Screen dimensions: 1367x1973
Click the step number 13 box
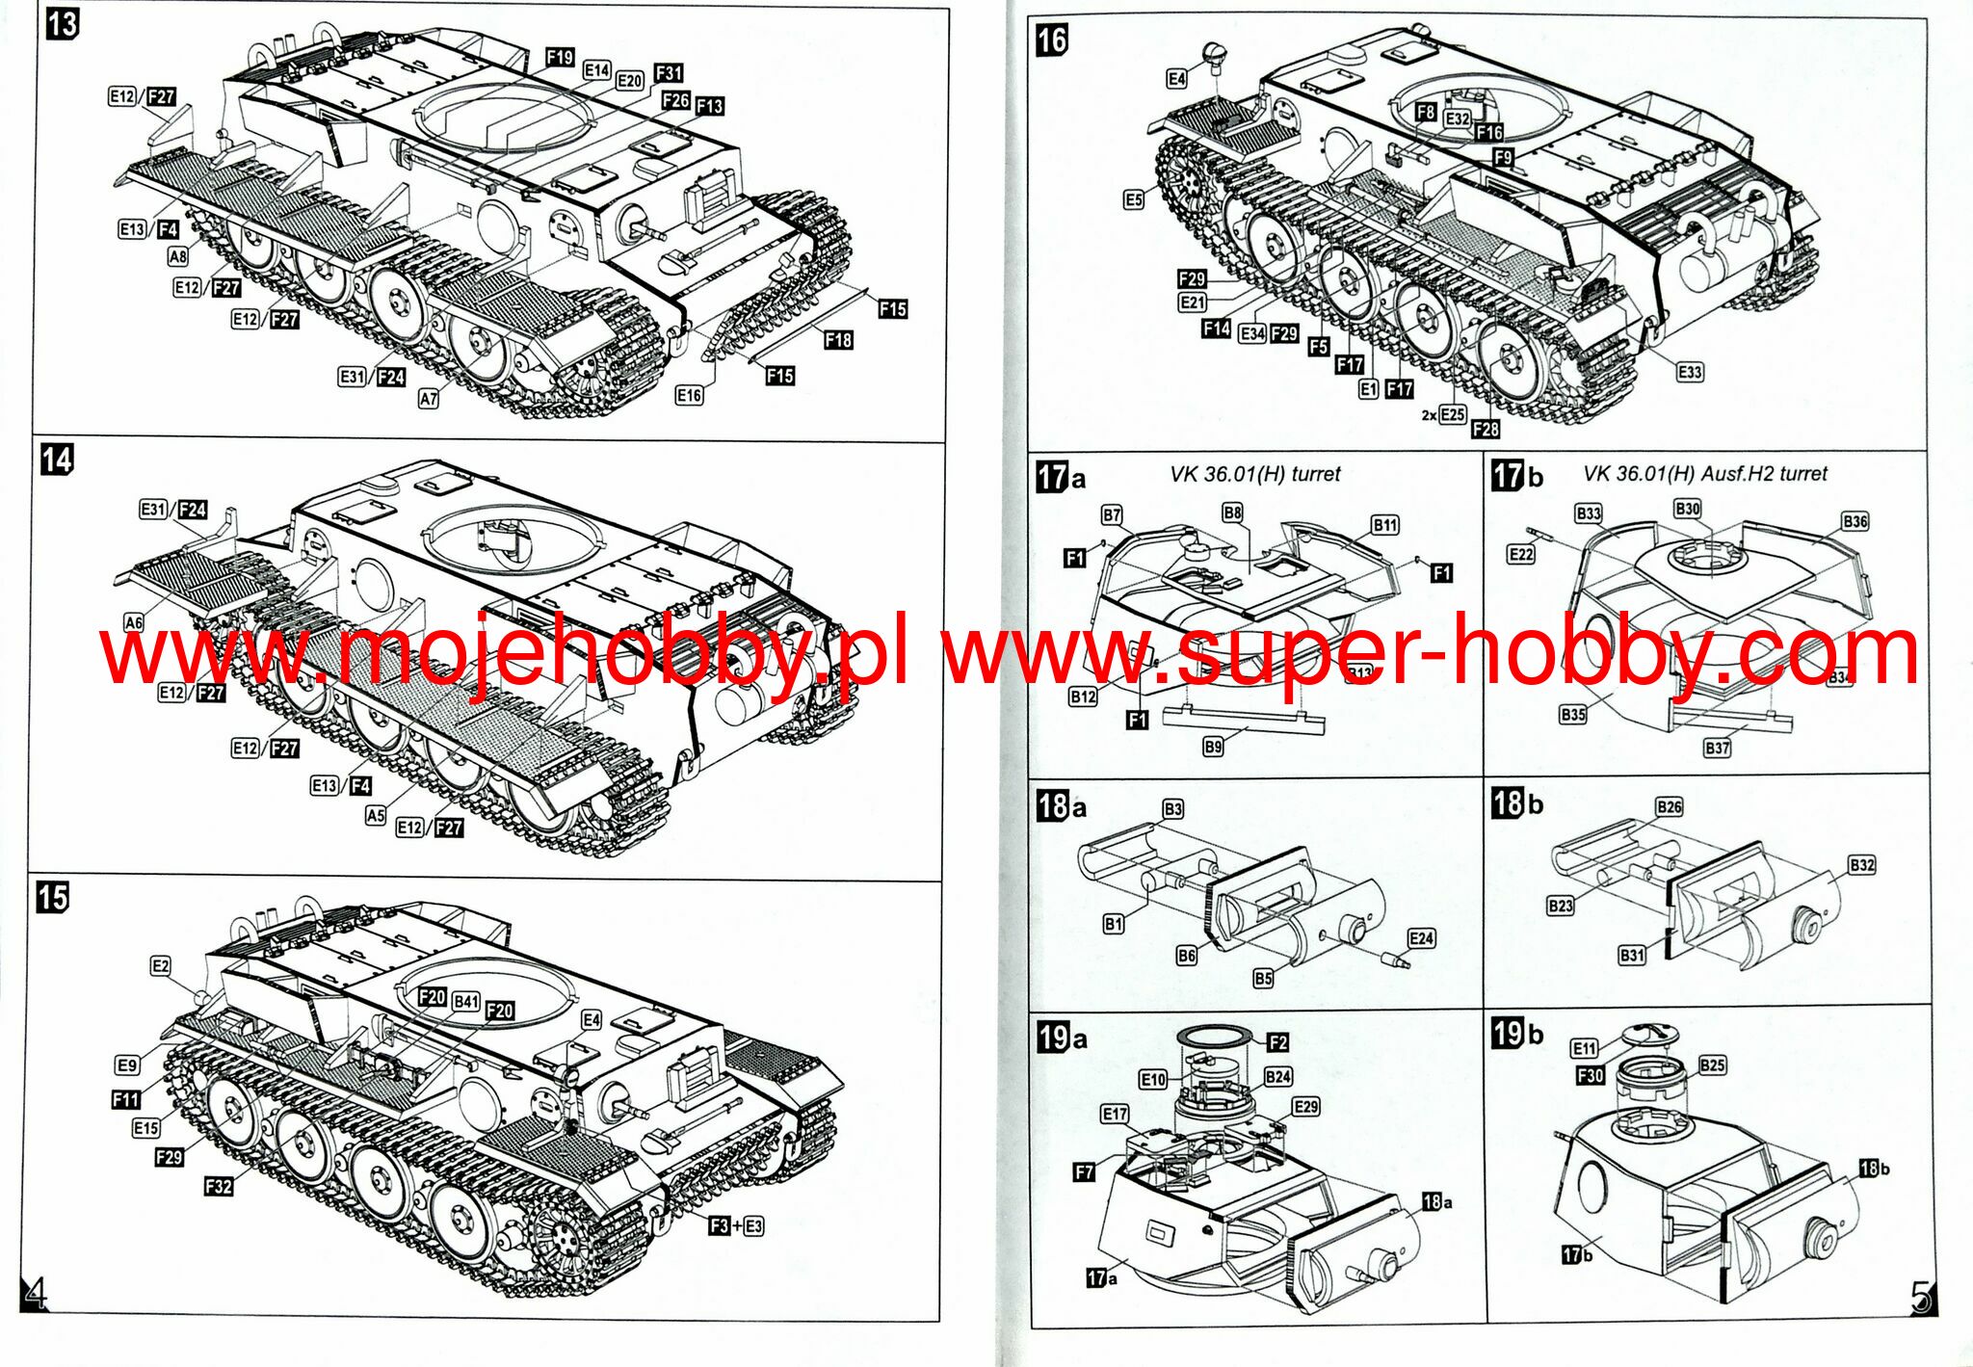[x=63, y=23]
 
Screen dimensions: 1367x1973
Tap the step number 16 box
[x=1052, y=39]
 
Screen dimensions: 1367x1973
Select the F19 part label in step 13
[x=560, y=57]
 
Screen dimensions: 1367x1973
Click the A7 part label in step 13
[x=429, y=398]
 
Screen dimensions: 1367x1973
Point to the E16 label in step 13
[x=689, y=395]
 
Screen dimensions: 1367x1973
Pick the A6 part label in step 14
[x=134, y=622]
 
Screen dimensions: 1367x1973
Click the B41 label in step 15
[x=466, y=1001]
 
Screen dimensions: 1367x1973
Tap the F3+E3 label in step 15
[x=736, y=1225]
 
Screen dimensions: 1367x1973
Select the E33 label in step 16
[x=1690, y=372]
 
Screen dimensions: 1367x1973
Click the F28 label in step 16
[x=1486, y=429]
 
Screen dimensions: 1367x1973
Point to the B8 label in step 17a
[x=1232, y=513]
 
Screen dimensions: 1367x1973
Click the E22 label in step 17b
[x=1521, y=554]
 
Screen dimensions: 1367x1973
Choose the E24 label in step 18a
[x=1421, y=938]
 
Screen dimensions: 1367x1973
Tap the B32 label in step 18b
[x=1862, y=864]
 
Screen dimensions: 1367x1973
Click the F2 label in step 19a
[x=1277, y=1042]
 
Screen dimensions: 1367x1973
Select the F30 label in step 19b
[x=1591, y=1075]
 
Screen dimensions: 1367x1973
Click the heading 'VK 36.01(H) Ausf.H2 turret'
[x=1705, y=474]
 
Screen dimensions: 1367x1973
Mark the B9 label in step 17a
[x=1213, y=747]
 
